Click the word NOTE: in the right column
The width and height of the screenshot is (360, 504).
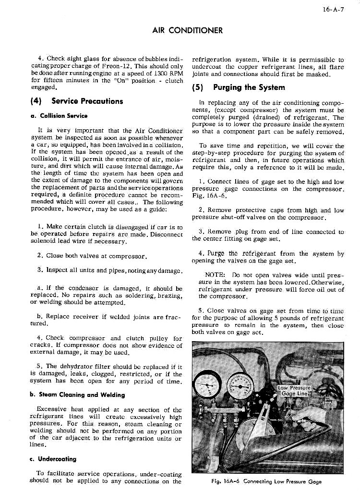pyautogui.click(x=215, y=276)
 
